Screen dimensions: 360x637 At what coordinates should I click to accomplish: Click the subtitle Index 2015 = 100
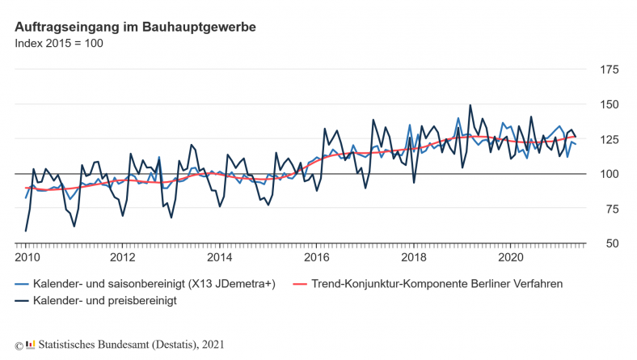tap(59, 43)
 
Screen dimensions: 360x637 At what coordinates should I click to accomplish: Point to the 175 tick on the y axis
tap(608, 70)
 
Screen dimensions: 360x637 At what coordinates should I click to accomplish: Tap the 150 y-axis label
tap(608, 105)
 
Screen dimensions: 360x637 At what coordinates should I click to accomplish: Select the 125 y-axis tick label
tap(608, 140)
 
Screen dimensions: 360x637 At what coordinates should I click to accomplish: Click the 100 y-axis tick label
tap(608, 174)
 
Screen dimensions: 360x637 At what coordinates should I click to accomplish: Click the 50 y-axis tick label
tap(611, 244)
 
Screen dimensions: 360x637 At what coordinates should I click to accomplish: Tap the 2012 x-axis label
tap(123, 258)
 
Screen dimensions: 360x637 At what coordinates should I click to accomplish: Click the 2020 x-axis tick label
tap(511, 258)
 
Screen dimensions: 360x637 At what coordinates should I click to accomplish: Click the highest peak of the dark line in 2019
tap(470, 105)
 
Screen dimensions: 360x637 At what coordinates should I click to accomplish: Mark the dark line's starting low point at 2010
tap(26, 231)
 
